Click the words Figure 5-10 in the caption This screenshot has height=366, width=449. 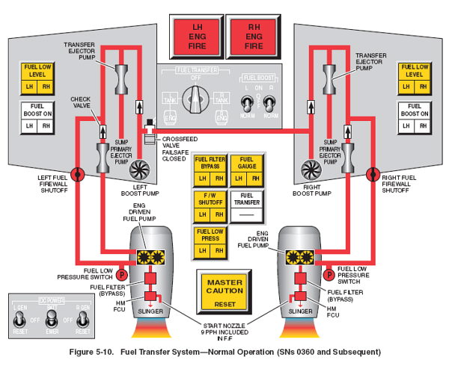(x=96, y=352)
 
